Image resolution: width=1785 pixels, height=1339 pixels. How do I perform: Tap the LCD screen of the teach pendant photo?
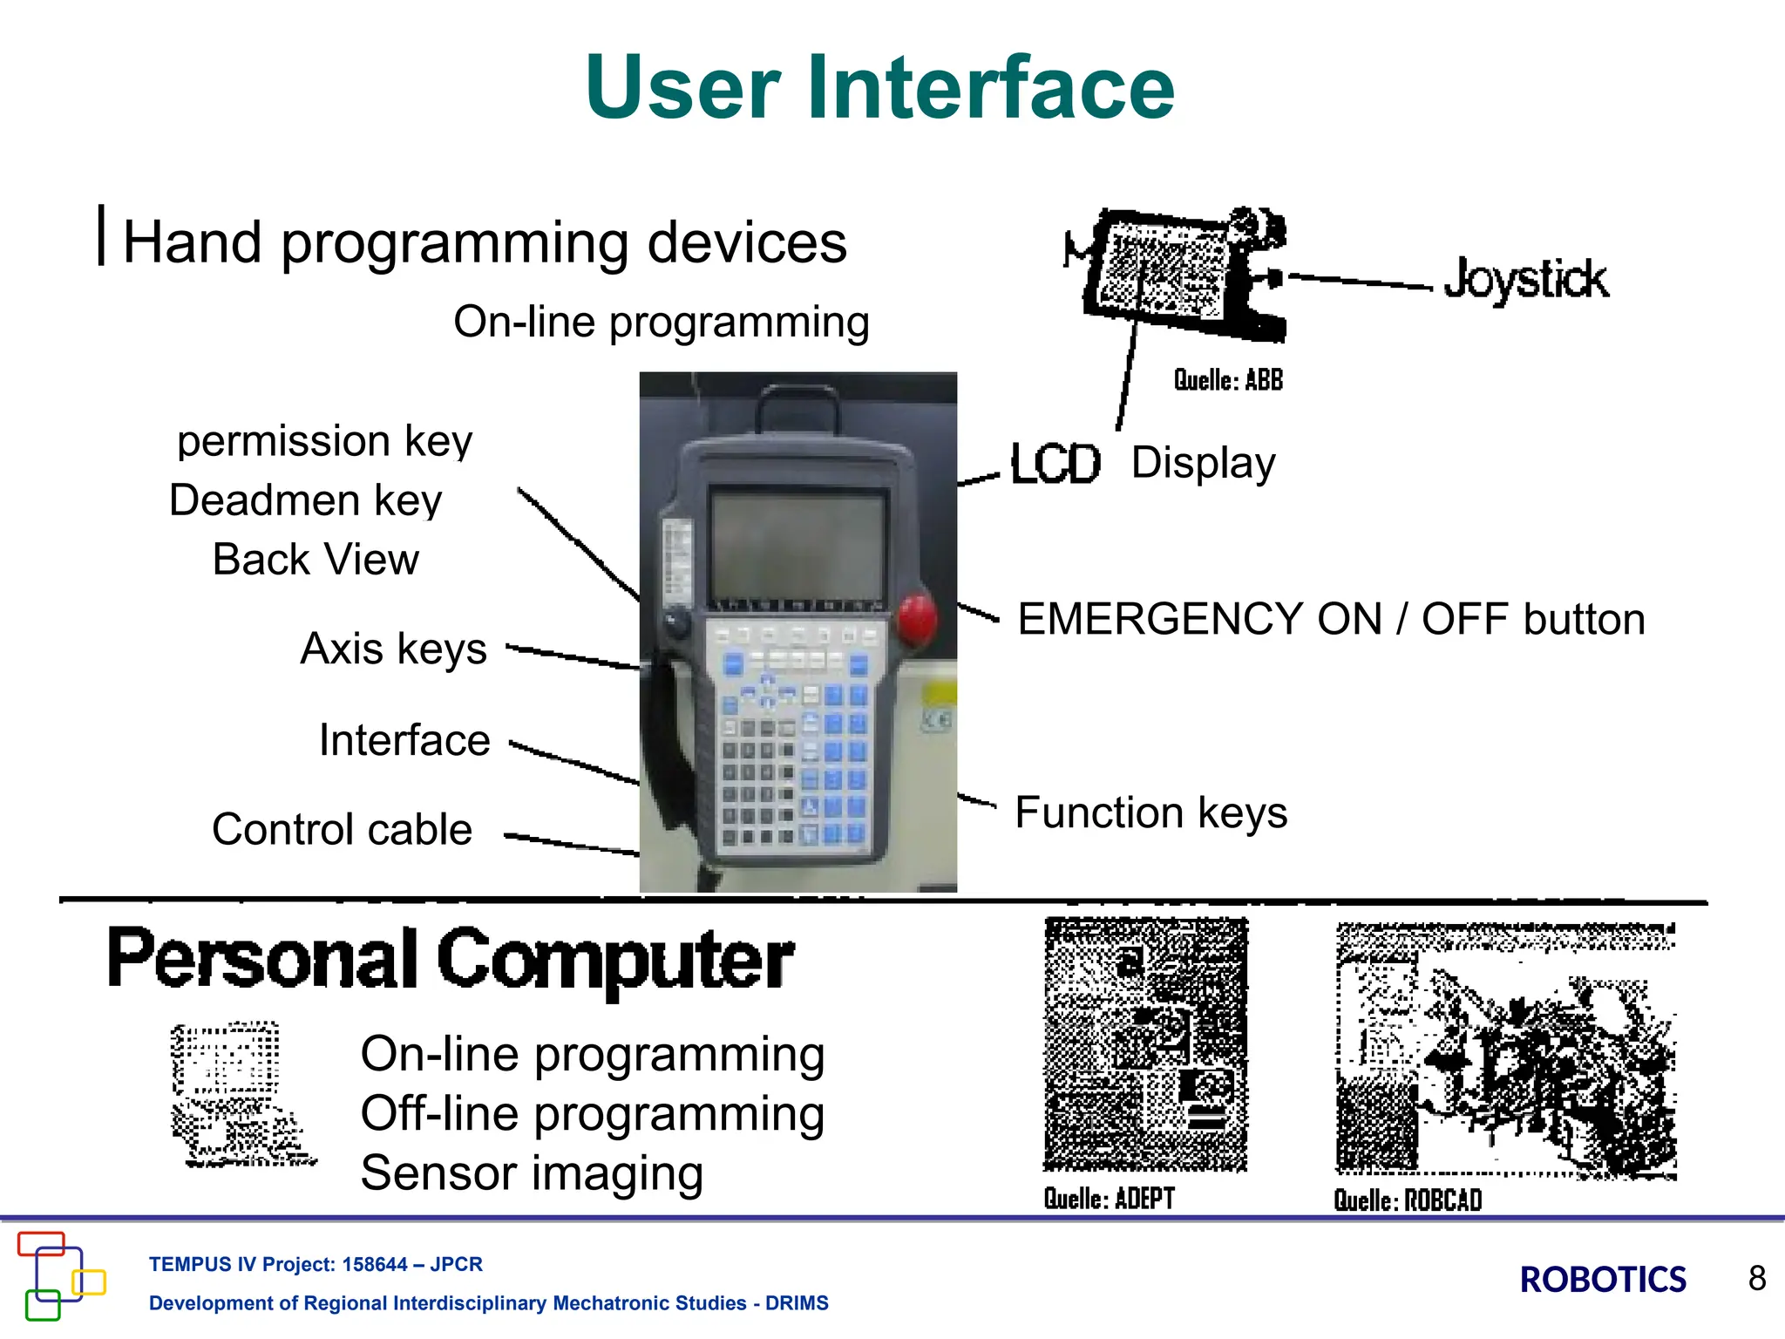(x=797, y=547)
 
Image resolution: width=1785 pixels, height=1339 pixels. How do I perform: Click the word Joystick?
(x=1525, y=280)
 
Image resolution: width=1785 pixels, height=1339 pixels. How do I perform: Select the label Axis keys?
(x=393, y=649)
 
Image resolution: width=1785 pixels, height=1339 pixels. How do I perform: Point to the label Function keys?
(x=1150, y=812)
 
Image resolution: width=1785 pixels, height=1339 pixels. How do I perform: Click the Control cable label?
(x=342, y=829)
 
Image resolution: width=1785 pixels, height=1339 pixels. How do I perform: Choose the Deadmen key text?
(x=306, y=500)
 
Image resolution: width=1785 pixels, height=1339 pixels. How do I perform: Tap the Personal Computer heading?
(x=450, y=959)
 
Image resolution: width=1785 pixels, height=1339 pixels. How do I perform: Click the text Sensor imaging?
(x=532, y=1173)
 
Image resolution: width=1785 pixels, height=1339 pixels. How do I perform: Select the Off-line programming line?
(x=593, y=1114)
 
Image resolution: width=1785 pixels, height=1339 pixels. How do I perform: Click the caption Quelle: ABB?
(x=1228, y=380)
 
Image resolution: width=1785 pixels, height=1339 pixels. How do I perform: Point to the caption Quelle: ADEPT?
(x=1110, y=1199)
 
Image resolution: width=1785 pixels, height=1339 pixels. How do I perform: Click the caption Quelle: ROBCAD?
(x=1408, y=1200)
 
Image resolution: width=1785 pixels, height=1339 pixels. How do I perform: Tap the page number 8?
(x=1756, y=1279)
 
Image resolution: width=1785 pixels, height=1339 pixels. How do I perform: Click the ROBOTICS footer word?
(x=1602, y=1280)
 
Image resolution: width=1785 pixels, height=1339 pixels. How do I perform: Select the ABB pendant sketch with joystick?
(x=1177, y=275)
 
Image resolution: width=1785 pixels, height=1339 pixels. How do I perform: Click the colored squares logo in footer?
(x=59, y=1275)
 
